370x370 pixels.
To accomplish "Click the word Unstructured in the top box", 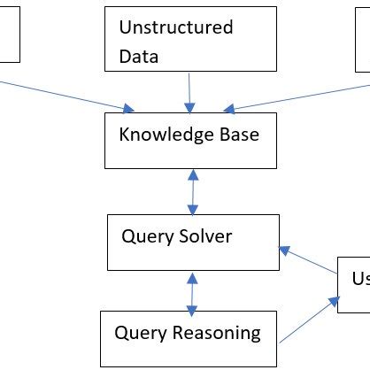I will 176,27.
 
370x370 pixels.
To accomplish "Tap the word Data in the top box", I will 138,58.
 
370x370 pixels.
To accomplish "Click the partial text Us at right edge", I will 359,280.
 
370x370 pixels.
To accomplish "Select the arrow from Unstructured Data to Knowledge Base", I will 189,93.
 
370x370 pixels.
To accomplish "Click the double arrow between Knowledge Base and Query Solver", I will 192,191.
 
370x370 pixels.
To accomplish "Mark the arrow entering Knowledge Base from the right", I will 310,97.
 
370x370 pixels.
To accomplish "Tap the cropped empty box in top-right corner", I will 363,35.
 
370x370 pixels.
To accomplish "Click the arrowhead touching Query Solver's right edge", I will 283,251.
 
